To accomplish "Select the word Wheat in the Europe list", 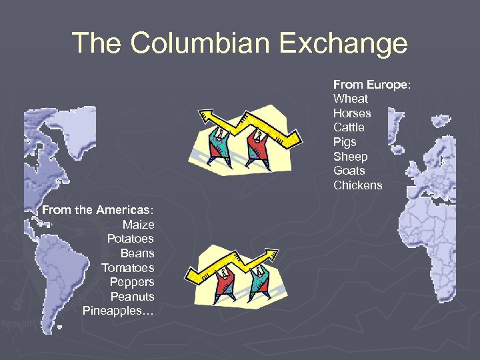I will click(350, 99).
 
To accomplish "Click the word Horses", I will click(352, 113).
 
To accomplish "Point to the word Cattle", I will click(349, 127).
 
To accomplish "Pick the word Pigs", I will click(345, 142).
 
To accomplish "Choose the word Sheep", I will click(350, 157).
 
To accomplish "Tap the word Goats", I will click(349, 171).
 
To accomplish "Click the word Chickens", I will click(357, 185).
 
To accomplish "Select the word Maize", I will click(138, 225).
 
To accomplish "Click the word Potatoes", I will click(130, 239).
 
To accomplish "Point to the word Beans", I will click(137, 253).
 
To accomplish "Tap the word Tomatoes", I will click(127, 268).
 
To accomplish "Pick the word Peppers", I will click(132, 282).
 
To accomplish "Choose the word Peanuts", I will click(132, 297).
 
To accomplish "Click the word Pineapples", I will click(115, 311).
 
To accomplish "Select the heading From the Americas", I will click(97, 210).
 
